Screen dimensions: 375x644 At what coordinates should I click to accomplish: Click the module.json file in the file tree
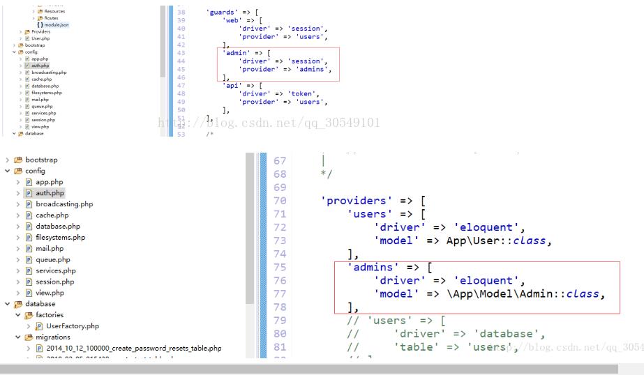tap(57, 25)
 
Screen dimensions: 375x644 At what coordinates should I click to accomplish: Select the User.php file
tap(40, 38)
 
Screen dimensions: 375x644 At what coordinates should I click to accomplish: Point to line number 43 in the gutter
tap(181, 53)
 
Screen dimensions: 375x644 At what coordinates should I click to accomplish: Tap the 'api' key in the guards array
tap(232, 85)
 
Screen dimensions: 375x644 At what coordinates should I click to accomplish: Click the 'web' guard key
tap(232, 20)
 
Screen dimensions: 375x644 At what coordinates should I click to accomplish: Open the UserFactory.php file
tap(73, 326)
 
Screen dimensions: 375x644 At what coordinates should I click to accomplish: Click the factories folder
tap(50, 314)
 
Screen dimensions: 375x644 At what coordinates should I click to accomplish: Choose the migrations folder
tap(53, 337)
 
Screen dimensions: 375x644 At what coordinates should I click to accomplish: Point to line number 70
tap(279, 201)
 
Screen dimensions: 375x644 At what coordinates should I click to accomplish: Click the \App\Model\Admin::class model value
tap(523, 294)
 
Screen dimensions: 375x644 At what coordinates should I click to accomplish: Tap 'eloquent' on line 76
tap(487, 280)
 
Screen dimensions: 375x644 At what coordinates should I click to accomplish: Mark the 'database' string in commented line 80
tap(508, 334)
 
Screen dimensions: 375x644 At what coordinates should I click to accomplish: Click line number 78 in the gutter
tap(279, 307)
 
